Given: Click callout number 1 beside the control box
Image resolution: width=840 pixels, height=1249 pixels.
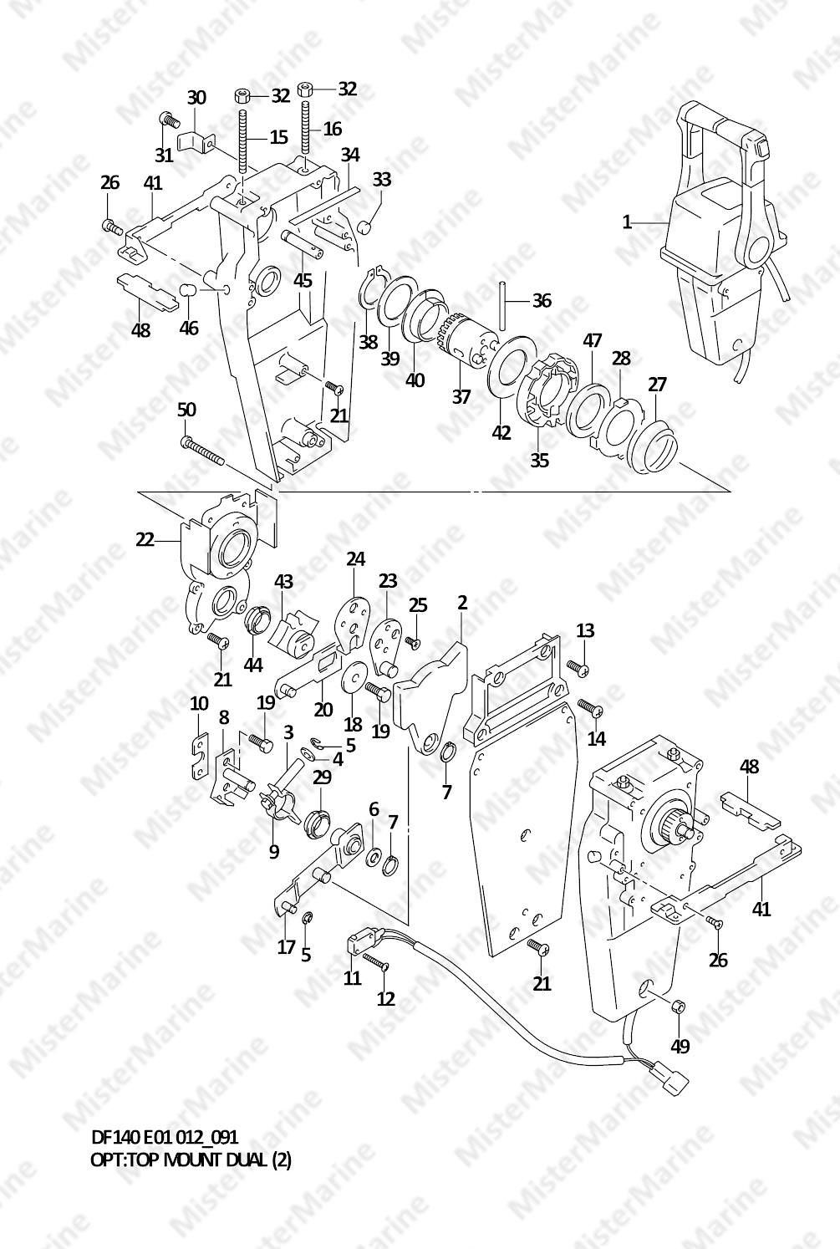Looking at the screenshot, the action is point(627,222).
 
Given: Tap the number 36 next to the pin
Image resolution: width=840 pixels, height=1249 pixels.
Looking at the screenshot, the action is point(542,300).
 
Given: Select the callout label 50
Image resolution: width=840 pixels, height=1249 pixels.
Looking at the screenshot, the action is point(186,410).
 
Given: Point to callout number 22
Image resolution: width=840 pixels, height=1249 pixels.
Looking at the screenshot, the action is point(145,540).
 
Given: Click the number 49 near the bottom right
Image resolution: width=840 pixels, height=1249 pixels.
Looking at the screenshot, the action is point(680,1047).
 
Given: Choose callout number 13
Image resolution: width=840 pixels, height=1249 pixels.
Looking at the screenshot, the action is point(585,630).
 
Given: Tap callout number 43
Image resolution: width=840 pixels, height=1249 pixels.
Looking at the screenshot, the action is point(283,582).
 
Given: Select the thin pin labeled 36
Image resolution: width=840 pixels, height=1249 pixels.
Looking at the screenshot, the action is point(502,305).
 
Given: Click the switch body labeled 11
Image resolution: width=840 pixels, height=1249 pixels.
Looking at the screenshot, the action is point(357,945).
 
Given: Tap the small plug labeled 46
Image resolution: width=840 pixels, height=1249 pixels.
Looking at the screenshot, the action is point(188,290).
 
